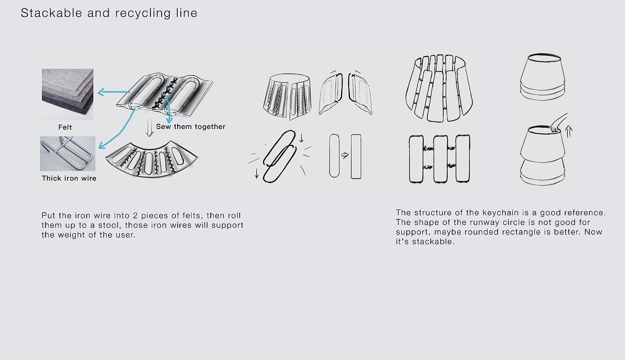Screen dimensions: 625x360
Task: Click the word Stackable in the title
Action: click(51, 13)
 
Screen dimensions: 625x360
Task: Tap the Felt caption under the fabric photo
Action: click(65, 127)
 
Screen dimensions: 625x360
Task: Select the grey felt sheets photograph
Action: click(67, 94)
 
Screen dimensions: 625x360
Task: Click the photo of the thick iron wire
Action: click(67, 154)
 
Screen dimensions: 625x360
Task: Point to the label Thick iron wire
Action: click(69, 178)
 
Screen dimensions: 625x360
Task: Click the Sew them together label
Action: click(191, 127)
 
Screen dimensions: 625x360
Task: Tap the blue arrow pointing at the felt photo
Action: click(113, 92)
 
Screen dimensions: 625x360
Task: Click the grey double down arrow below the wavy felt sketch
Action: click(150, 128)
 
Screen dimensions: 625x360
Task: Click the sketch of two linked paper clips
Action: click(279, 156)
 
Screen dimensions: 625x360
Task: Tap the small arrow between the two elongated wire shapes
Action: click(345, 155)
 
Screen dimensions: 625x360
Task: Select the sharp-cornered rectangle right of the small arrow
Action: click(356, 156)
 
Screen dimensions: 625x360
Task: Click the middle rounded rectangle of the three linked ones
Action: click(441, 159)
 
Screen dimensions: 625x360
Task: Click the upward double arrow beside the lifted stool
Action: click(569, 131)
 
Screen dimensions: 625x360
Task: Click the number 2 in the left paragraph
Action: click(135, 216)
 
